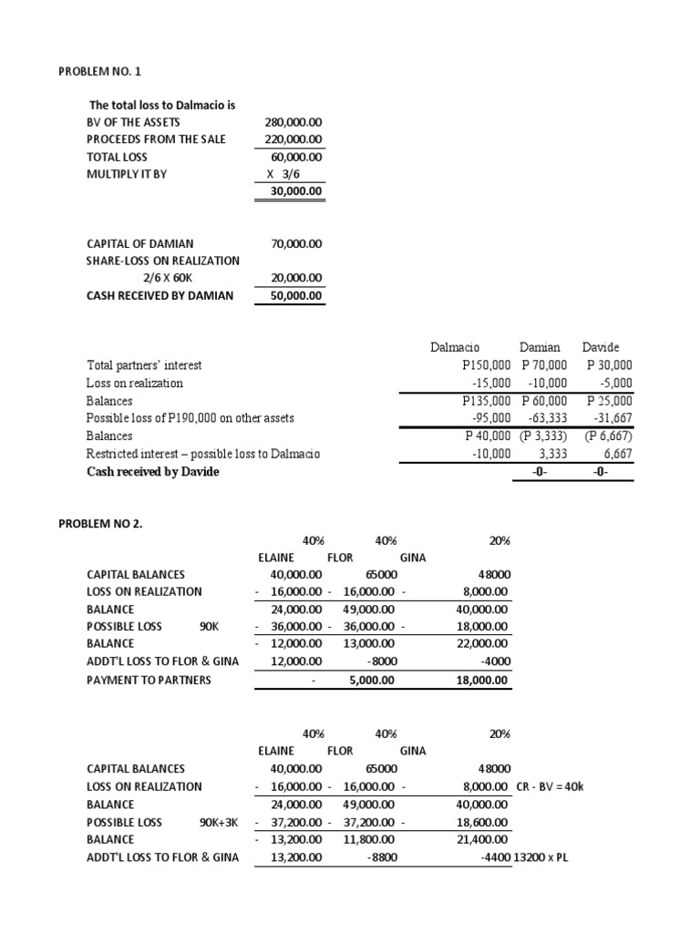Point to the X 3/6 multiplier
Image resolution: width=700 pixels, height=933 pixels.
click(x=290, y=174)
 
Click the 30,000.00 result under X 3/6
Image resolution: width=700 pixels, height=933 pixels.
click(x=292, y=191)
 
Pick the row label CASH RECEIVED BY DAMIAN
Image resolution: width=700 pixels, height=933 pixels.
click(x=160, y=295)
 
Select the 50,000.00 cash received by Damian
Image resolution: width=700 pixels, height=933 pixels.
click(x=292, y=295)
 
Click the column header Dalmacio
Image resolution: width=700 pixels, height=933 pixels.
click(x=455, y=347)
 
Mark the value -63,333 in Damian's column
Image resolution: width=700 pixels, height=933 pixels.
click(x=545, y=418)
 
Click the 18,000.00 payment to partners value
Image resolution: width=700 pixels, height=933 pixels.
click(x=484, y=680)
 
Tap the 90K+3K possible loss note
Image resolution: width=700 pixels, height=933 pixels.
click(x=219, y=822)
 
